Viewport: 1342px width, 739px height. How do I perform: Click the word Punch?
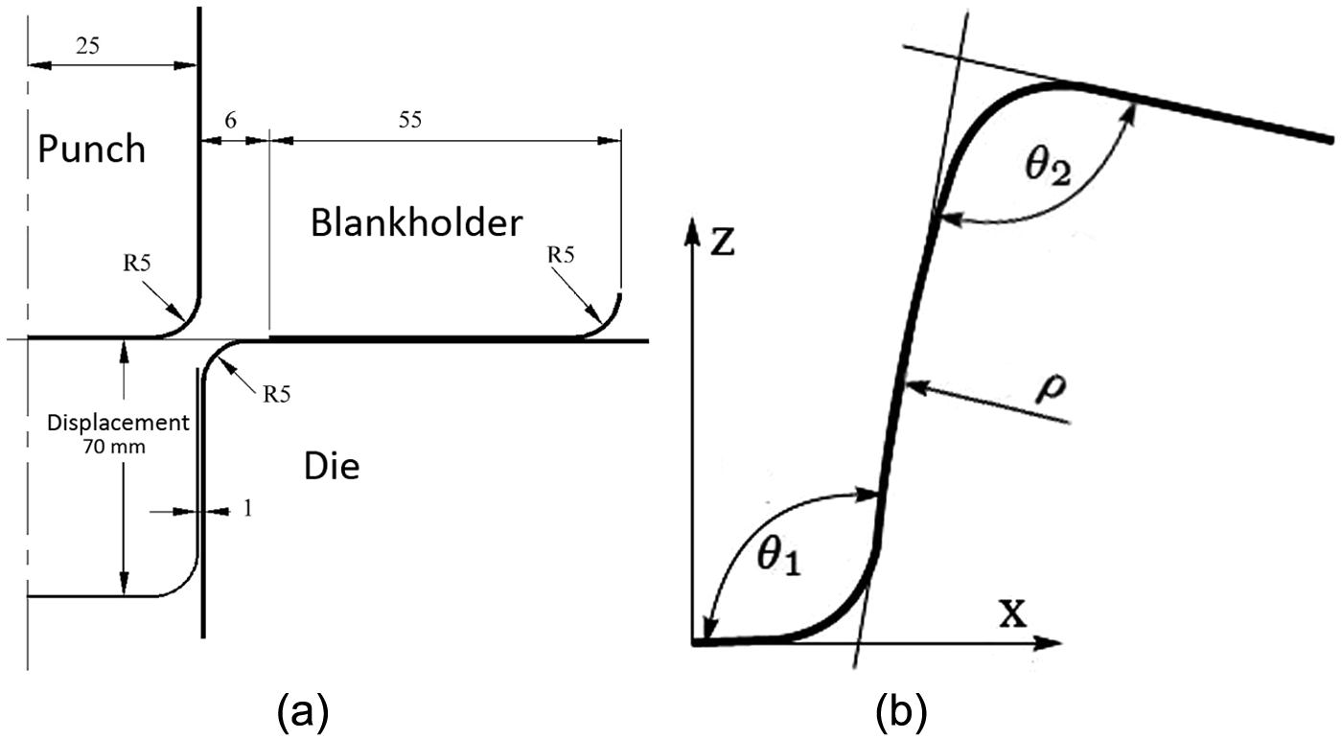point(91,150)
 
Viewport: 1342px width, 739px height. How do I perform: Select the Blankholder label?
point(417,223)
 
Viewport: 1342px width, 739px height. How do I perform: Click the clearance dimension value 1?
point(246,509)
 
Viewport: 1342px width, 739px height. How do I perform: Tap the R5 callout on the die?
point(278,393)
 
